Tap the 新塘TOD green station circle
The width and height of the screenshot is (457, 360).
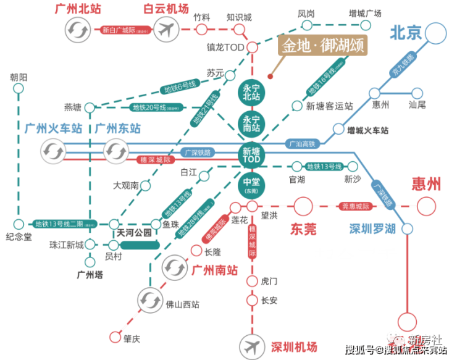click(251, 154)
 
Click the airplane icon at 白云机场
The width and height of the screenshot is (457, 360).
click(165, 28)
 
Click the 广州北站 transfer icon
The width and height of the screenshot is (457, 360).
click(79, 28)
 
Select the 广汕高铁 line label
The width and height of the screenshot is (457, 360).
click(302, 144)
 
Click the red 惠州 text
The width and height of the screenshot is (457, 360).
click(426, 184)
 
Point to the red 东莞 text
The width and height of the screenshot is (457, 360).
click(303, 229)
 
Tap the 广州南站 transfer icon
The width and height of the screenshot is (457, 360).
click(173, 267)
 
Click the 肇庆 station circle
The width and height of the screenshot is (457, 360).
click(114, 337)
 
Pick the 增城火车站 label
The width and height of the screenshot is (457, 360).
click(367, 131)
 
